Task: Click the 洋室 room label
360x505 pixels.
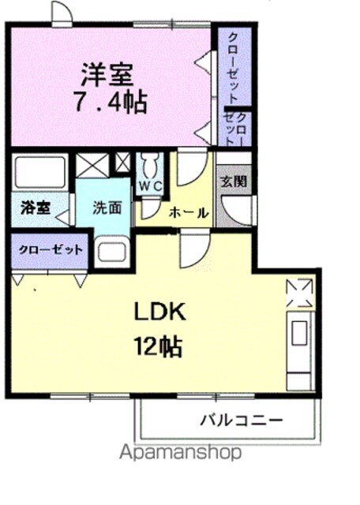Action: click(107, 75)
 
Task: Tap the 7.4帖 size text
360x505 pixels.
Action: click(111, 102)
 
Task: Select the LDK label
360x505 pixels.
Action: click(160, 312)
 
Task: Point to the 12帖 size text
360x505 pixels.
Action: click(158, 346)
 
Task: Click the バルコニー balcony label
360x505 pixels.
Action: click(242, 421)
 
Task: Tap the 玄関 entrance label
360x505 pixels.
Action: click(234, 181)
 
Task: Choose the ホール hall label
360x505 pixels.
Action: click(189, 213)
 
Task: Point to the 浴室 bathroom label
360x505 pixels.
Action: click(36, 208)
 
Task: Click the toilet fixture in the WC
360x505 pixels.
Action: click(150, 165)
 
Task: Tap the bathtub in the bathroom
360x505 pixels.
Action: click(39, 172)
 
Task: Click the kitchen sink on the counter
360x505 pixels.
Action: click(299, 333)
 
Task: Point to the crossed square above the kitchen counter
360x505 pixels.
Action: click(299, 293)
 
